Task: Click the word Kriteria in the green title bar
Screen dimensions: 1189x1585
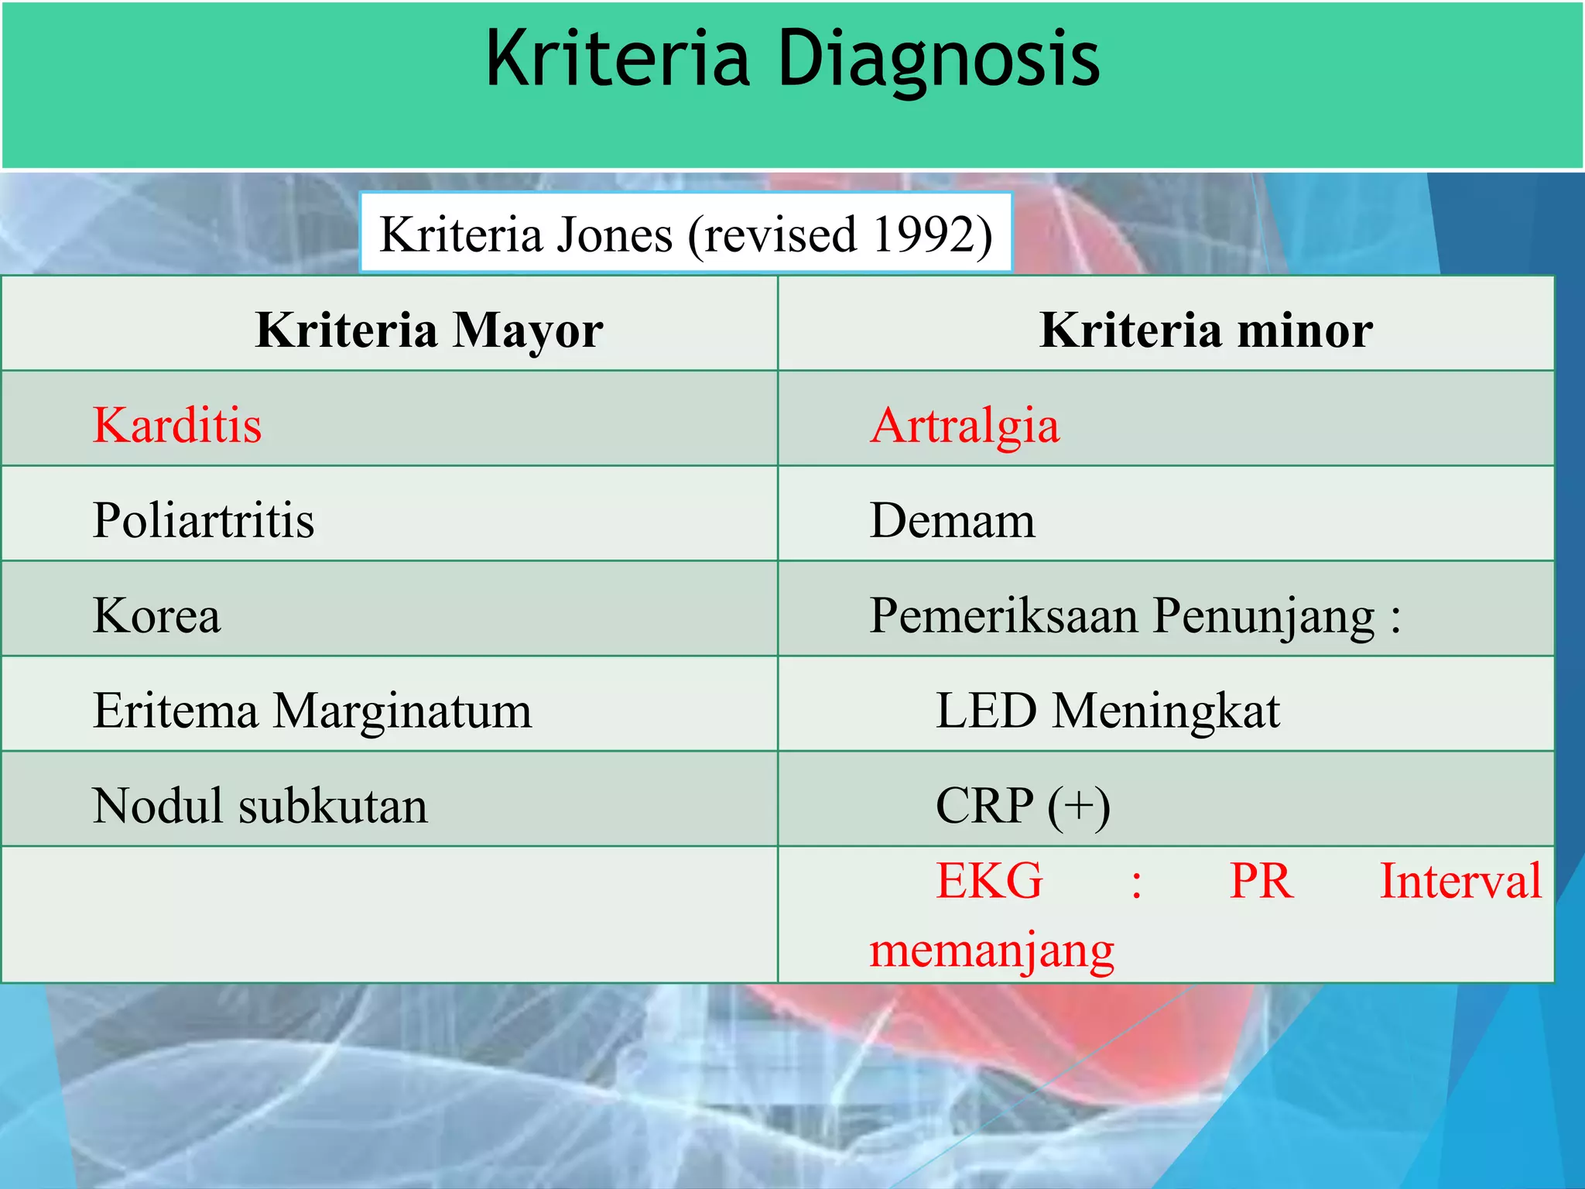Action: point(618,58)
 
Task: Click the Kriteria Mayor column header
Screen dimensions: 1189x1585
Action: point(429,331)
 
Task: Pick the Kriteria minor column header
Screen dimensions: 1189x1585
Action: point(1206,331)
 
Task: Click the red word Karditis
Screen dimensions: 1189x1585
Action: point(177,425)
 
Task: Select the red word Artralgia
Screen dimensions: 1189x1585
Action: point(964,425)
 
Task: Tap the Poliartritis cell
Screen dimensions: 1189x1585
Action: point(204,519)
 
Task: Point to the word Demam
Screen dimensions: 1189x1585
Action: point(952,520)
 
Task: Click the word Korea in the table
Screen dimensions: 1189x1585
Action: point(156,615)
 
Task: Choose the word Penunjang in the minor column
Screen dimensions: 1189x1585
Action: point(1263,617)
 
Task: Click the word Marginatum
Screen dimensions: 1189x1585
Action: point(402,711)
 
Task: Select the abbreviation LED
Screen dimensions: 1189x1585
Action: point(985,711)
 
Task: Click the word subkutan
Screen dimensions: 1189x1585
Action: point(333,806)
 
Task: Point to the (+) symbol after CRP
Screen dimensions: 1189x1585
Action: point(1079,807)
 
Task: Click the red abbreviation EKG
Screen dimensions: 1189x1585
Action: point(989,881)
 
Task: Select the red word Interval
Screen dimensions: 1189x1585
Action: point(1460,881)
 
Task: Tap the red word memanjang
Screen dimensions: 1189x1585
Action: point(991,951)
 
